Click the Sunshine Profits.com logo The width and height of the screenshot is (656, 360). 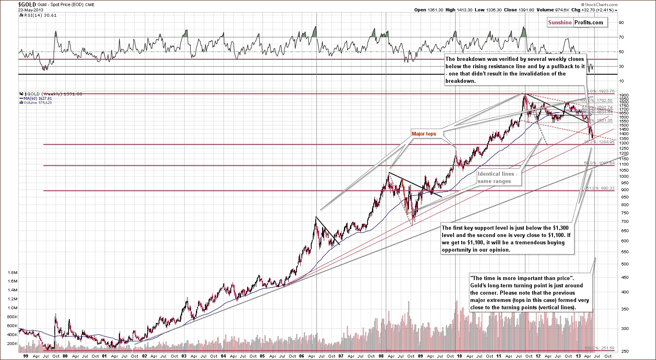tap(576, 22)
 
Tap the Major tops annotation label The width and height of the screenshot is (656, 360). tap(424, 134)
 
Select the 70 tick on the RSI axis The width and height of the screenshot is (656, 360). tap(621, 37)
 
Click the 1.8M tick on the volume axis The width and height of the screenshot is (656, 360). tap(13, 273)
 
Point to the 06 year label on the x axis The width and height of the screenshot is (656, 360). tap(301, 356)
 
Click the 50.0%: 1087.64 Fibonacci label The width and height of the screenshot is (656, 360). tap(599, 163)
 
